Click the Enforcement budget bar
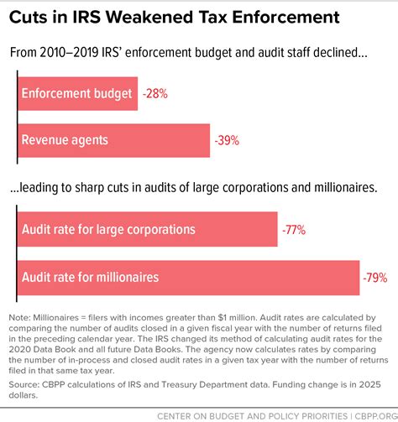coord(76,95)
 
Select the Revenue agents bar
coord(113,140)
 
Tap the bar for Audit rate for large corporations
coord(147,229)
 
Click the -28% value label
coord(154,95)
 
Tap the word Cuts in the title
coord(34,17)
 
